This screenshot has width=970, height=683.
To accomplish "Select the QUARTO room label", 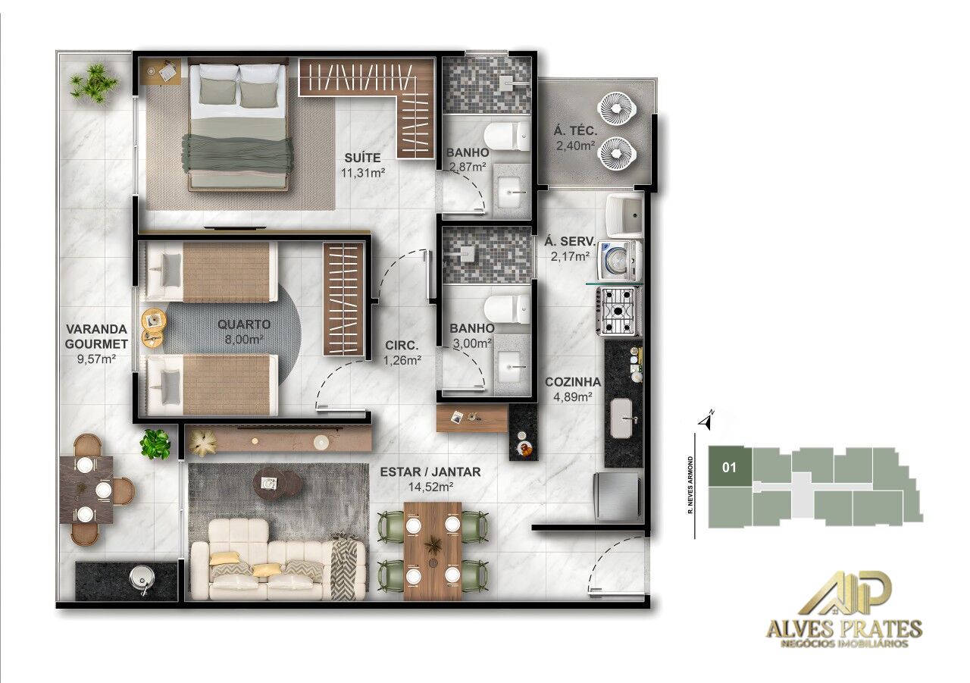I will tap(243, 324).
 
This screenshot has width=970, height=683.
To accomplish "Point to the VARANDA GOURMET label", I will tap(95, 337).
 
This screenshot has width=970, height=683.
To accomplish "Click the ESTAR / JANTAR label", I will tap(429, 472).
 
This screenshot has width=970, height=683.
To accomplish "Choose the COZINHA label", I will tap(573, 382).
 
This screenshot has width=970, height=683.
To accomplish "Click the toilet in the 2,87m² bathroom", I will tap(507, 136).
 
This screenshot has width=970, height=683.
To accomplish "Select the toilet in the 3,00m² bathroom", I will tap(507, 309).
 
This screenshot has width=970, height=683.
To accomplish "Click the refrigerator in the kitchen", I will tap(617, 497).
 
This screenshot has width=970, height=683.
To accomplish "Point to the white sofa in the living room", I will tap(277, 569).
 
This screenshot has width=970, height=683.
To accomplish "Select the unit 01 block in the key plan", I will tap(729, 467).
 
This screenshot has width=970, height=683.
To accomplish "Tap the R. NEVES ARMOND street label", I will tap(691, 485).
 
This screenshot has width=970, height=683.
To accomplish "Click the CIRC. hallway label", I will tap(402, 346).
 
